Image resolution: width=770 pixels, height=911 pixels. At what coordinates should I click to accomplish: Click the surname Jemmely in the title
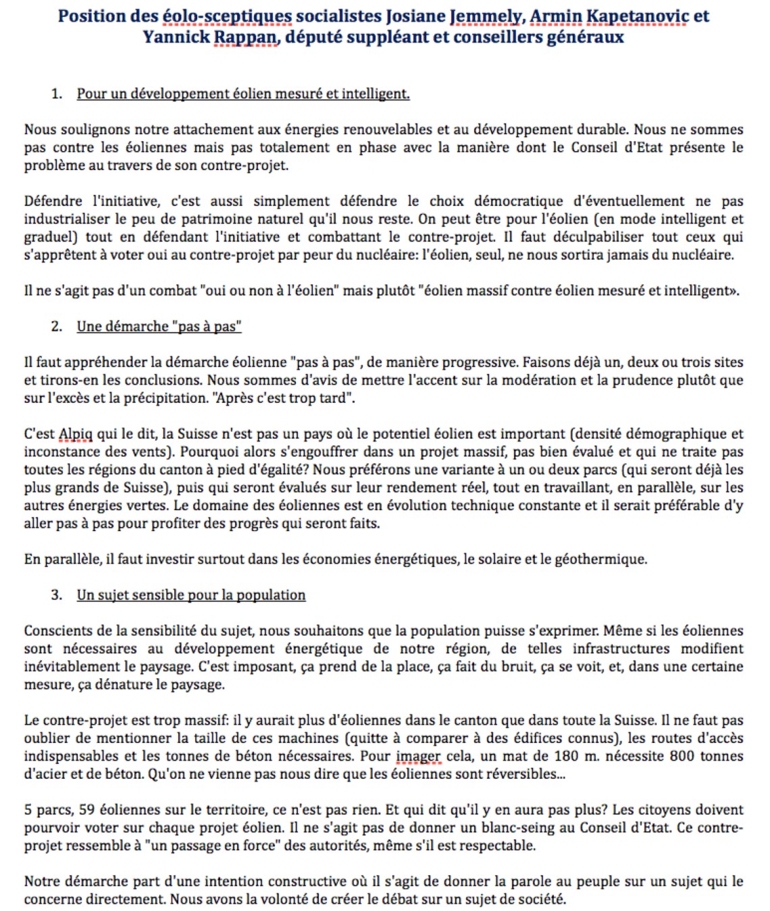coord(486,16)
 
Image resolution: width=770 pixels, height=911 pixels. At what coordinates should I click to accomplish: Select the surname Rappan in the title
coord(246,37)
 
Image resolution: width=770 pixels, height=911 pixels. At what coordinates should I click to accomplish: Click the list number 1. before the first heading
coord(57,94)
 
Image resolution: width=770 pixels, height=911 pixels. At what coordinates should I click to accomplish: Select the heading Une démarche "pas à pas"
coord(159,327)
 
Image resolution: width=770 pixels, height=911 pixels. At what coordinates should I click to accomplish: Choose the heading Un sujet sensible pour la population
coord(190,595)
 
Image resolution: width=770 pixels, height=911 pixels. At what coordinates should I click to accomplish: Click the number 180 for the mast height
coord(567,756)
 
